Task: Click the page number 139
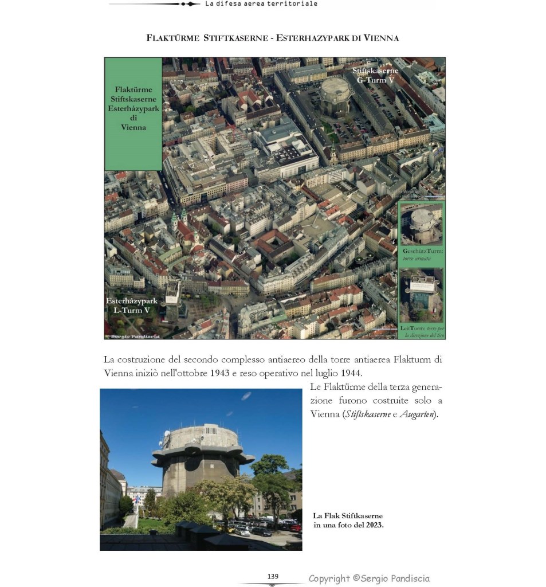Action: pos(273,576)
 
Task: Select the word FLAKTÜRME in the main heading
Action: pos(172,38)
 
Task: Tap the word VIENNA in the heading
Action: pos(379,38)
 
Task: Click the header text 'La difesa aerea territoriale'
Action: pos(261,3)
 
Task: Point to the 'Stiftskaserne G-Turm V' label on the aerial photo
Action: pos(375,75)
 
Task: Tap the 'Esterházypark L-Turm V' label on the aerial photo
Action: pos(131,306)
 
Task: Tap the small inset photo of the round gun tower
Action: pos(421,225)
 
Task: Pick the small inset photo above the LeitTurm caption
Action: pos(421,295)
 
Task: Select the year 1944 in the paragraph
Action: pos(351,373)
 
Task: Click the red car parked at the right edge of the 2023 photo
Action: pos(296,527)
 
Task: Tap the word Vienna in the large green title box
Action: pos(133,127)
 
